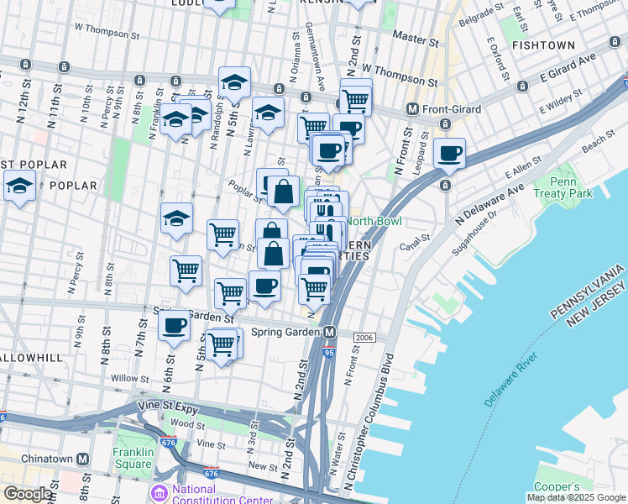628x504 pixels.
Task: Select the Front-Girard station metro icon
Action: [412, 108]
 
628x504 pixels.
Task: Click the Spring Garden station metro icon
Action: [331, 332]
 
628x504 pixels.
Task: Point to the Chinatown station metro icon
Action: [82, 459]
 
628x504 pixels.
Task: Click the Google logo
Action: [28, 494]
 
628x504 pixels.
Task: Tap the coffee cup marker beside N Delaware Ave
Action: [450, 154]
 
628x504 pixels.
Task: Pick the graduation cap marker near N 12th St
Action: [19, 186]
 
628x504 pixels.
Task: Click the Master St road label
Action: [416, 39]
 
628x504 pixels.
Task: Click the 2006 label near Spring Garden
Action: [364, 337]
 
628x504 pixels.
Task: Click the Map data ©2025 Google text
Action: [576, 496]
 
